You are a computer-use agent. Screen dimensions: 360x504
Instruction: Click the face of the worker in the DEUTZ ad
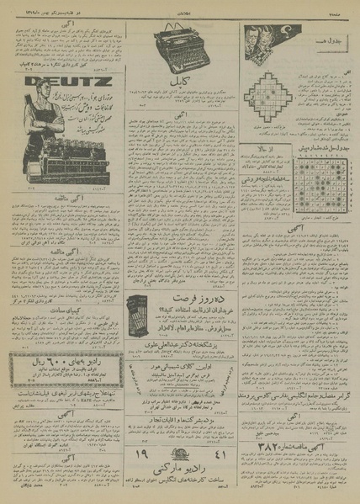click(x=37, y=103)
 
